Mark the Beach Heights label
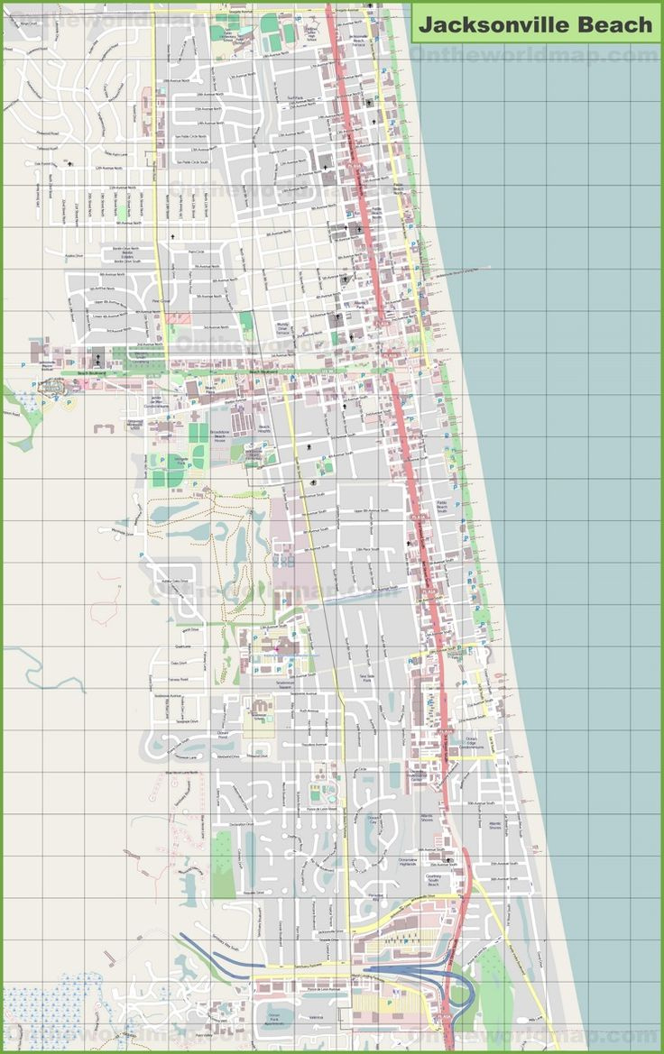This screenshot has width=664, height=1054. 264,430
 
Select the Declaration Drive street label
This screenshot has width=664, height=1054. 241,824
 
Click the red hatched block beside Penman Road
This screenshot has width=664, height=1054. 179,317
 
